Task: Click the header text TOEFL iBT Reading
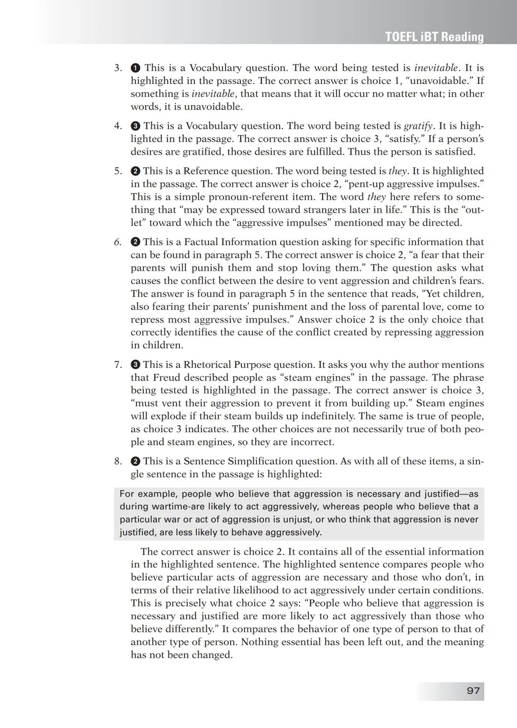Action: click(x=434, y=37)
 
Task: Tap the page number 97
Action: click(x=473, y=691)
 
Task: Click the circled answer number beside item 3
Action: click(x=135, y=68)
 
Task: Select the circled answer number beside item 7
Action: click(x=135, y=365)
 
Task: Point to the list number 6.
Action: click(x=118, y=242)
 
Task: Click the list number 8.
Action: click(x=118, y=461)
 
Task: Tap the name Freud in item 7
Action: click(x=166, y=378)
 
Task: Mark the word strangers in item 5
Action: click(x=313, y=210)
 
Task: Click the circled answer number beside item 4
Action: click(x=135, y=126)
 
